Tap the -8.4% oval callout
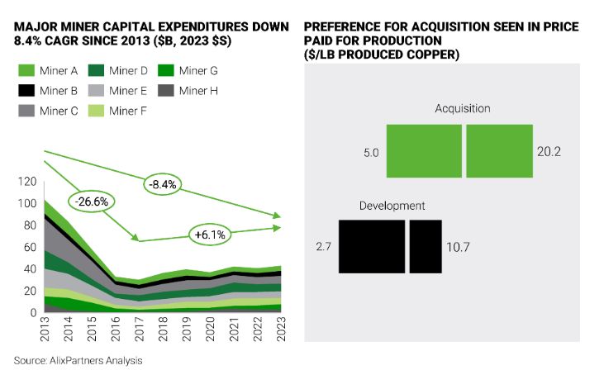coord(164,183)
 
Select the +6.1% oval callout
coord(211,234)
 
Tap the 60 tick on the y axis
coord(30,247)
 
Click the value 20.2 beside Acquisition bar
coord(551,152)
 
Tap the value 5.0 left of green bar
coord(371,152)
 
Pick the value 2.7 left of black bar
coord(323,246)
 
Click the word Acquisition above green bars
coord(463,109)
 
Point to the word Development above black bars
coord(392,205)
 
